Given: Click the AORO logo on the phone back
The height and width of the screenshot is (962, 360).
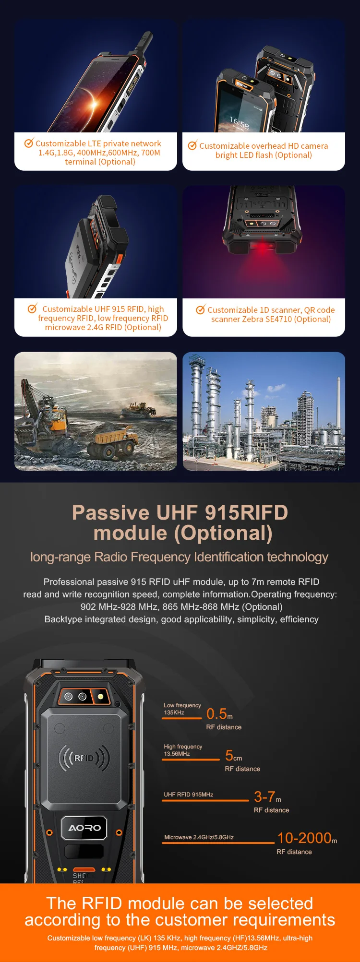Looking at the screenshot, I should pyautogui.click(x=84, y=828).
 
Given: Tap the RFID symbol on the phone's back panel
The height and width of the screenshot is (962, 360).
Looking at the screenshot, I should pyautogui.click(x=84, y=758).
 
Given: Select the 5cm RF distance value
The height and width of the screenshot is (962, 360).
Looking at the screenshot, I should pyautogui.click(x=233, y=756).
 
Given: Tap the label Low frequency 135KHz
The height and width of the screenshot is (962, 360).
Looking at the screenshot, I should pyautogui.click(x=182, y=709).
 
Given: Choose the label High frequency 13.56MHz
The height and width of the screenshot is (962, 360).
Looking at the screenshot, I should pyautogui.click(x=183, y=750).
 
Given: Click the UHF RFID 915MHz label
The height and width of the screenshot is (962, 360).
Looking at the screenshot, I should pyautogui.click(x=188, y=795).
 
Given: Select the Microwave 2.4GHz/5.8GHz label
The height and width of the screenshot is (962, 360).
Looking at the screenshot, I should pyautogui.click(x=199, y=837).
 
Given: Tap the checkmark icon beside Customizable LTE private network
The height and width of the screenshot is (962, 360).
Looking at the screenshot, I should pyautogui.click(x=29, y=143).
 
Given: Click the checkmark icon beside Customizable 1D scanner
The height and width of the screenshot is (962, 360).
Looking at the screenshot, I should pyautogui.click(x=201, y=309).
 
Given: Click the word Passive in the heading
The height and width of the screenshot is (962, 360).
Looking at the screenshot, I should pyautogui.click(x=110, y=512).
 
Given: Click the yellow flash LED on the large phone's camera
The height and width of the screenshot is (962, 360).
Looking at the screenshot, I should pyautogui.click(x=101, y=696).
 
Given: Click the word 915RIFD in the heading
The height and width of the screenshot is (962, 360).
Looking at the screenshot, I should pyautogui.click(x=246, y=512).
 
